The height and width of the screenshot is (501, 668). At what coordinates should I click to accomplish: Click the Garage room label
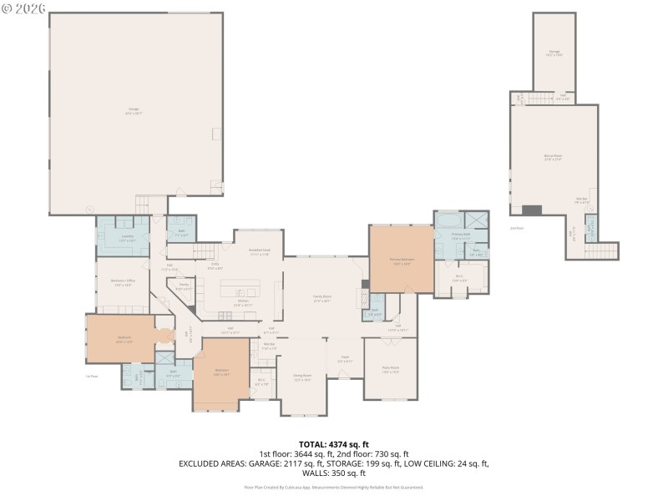(133, 109)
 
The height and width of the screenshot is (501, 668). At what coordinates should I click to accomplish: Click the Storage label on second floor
(554, 52)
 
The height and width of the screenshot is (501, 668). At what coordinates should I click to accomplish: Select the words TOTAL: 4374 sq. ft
(334, 444)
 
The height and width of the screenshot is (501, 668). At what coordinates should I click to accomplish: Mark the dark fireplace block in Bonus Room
(532, 210)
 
